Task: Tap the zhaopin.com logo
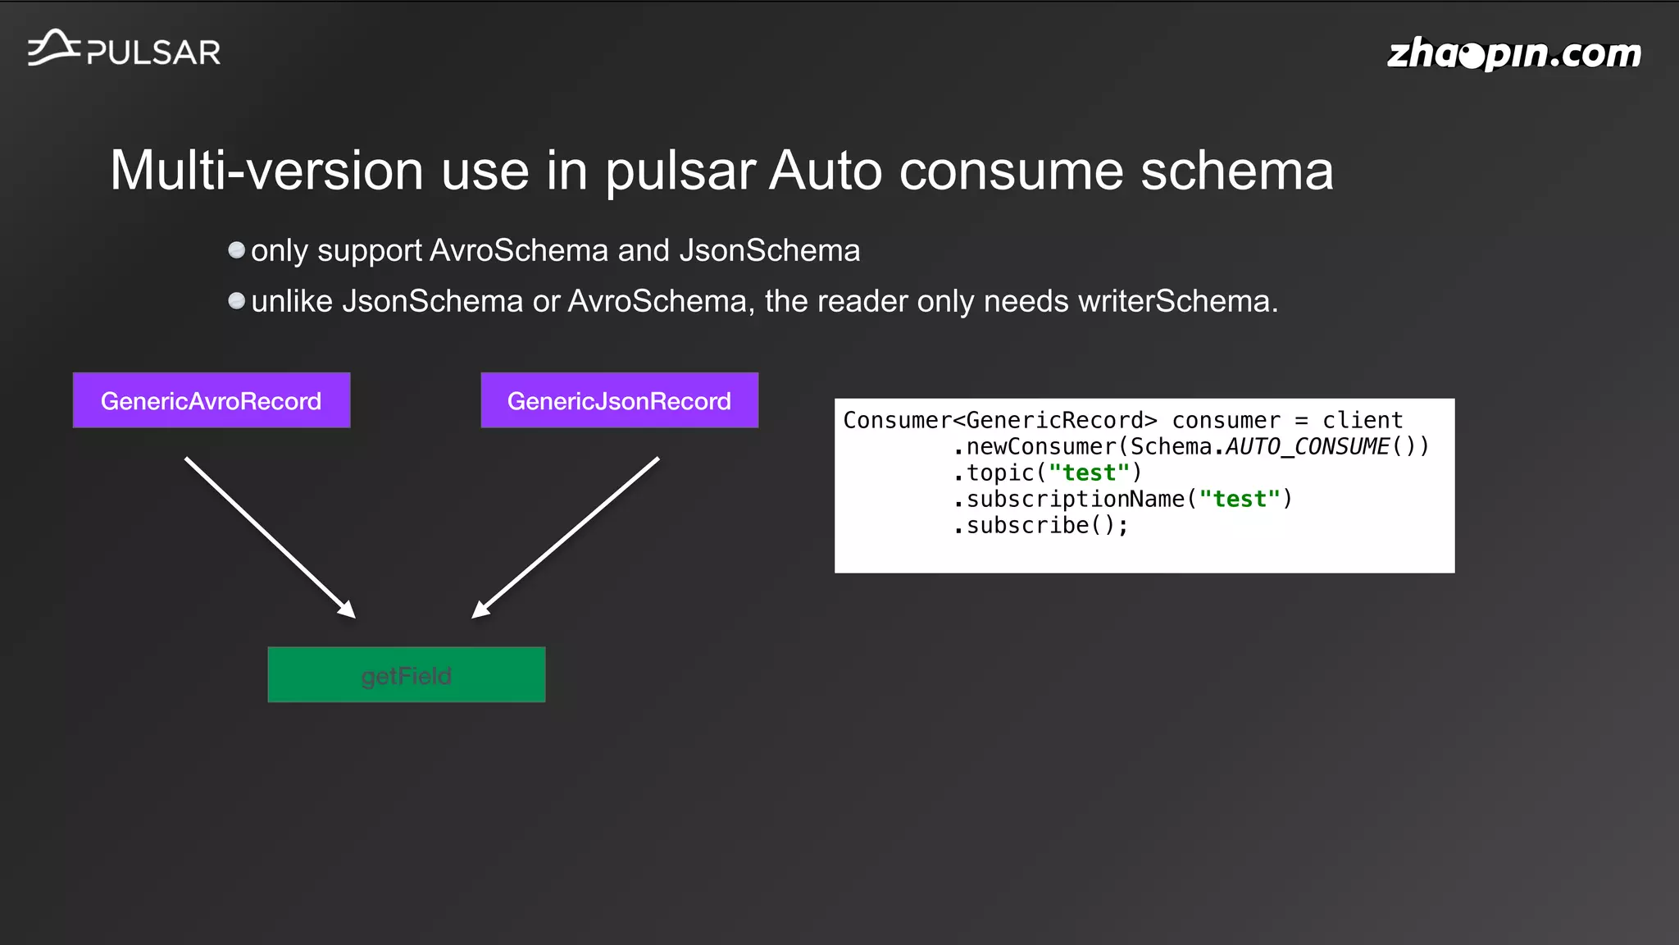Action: [x=1513, y=54]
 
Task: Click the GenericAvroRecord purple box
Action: [x=212, y=400]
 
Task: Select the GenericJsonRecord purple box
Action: [x=619, y=400]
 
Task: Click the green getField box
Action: [x=407, y=675]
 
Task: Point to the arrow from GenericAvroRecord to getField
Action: [x=270, y=537]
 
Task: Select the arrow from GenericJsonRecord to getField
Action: [x=566, y=537]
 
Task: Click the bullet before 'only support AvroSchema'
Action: [x=236, y=250]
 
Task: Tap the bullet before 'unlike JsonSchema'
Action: [x=236, y=301]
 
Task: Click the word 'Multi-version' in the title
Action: [x=266, y=171]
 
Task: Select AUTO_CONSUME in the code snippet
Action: [x=1308, y=446]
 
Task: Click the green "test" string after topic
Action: [x=1090, y=472]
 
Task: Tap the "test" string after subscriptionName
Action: [x=1240, y=499]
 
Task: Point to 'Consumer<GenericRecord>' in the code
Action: [x=1000, y=420]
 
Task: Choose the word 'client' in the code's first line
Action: [x=1363, y=420]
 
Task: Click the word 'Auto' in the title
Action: [x=825, y=171]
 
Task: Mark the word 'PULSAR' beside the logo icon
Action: [x=154, y=53]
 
